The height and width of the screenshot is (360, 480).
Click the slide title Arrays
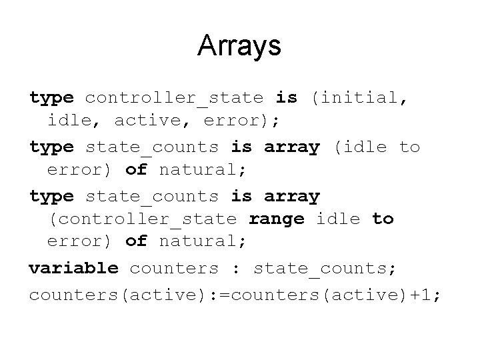[239, 46]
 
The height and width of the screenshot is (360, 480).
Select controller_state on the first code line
[174, 98]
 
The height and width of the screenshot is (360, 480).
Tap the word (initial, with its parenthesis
[357, 98]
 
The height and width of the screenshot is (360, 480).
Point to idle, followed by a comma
[73, 121]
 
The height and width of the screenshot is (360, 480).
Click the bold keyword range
[276, 219]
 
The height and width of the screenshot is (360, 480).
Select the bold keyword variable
[73, 268]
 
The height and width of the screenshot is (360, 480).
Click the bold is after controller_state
[287, 98]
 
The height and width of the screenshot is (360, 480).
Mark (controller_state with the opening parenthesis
[142, 219]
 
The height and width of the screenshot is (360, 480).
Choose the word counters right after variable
[174, 268]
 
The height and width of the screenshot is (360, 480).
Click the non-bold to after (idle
[409, 146]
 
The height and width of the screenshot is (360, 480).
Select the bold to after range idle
[383, 219]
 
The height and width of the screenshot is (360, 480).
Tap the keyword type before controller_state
[51, 98]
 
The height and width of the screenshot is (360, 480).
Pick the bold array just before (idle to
[292, 146]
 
